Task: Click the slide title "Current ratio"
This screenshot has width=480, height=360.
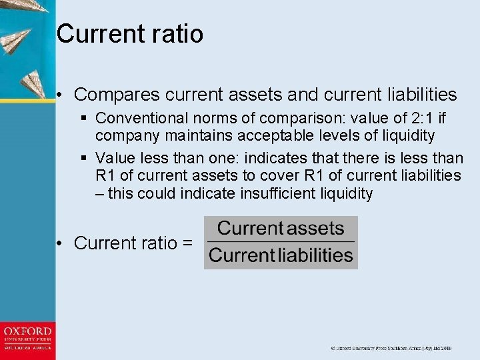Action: [x=130, y=33]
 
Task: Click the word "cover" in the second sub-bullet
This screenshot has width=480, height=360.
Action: [x=302, y=176]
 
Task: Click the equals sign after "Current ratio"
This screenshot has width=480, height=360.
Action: [x=187, y=243]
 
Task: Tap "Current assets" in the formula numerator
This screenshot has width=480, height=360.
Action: [x=281, y=229]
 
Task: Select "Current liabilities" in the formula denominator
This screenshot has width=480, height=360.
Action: [x=281, y=255]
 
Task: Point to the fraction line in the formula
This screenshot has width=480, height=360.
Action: [x=281, y=241]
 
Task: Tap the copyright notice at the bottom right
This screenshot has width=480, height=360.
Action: [x=391, y=348]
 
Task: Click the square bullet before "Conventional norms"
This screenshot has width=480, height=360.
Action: [x=83, y=119]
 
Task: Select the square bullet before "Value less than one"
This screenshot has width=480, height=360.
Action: [x=83, y=159]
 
